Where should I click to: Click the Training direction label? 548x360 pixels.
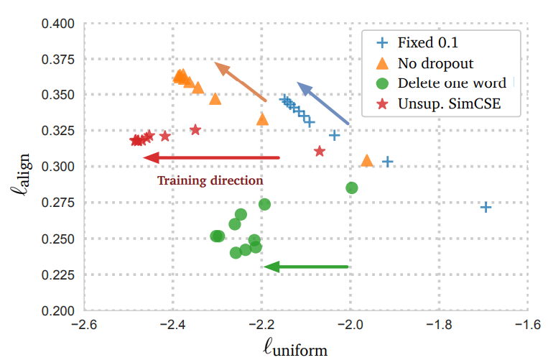210,180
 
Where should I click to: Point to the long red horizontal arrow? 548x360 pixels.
212,157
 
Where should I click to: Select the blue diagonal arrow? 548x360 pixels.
322,103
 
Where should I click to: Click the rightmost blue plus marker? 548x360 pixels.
486,207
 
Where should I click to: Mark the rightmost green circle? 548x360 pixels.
352,188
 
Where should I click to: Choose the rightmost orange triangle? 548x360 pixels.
366,161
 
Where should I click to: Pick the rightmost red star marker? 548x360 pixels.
320,151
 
